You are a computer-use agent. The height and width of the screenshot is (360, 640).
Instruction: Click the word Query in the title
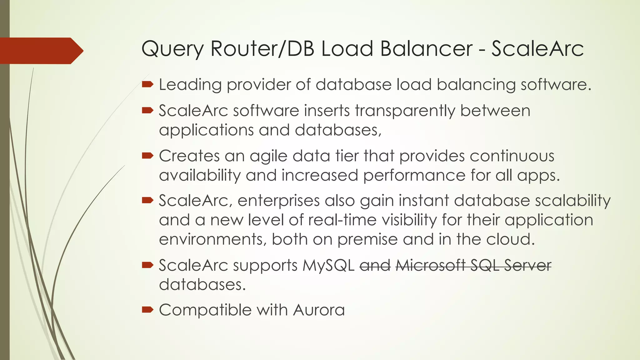coord(172,49)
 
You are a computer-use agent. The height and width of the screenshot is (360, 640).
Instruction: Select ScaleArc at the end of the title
coord(537,49)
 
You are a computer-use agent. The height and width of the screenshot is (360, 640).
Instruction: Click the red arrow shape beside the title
coord(41,51)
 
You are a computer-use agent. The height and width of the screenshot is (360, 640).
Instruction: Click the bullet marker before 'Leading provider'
coord(147,84)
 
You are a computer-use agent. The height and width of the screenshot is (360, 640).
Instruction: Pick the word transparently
coord(405,111)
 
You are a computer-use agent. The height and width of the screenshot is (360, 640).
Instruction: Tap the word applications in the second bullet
coord(206,130)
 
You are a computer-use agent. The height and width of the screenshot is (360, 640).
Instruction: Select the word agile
coord(268,156)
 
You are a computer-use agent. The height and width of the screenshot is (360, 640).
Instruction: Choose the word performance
coord(414,175)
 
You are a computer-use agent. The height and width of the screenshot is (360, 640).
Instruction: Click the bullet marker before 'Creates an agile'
coord(147,156)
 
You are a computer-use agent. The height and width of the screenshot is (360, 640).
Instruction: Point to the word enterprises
coord(278,201)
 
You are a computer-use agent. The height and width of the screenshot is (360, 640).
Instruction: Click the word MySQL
coord(328,266)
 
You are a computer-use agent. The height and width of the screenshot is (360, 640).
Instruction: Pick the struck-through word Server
coord(527,266)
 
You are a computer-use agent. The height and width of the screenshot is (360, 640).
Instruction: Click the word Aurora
coord(319,310)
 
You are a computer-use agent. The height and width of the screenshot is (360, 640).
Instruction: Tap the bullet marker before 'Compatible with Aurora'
coord(147,310)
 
